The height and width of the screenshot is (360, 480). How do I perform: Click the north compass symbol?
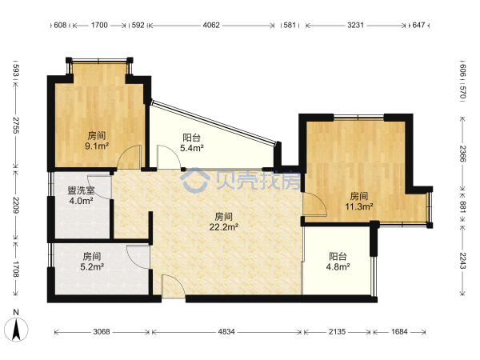[x=16, y=329]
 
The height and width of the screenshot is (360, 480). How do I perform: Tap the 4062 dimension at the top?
[x=211, y=25]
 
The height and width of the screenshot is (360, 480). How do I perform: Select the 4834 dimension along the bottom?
[x=226, y=331]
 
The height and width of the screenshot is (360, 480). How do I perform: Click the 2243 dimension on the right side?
[x=462, y=261]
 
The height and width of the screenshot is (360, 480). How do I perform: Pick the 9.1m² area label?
[x=97, y=146]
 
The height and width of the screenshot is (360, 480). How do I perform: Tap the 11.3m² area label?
[x=359, y=206]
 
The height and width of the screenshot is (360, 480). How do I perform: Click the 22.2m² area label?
[x=224, y=227]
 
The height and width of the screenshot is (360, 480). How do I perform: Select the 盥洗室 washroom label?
[x=81, y=190]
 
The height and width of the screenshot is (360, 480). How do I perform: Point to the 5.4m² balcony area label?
[x=192, y=149]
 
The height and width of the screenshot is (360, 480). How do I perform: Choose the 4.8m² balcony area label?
[x=338, y=267]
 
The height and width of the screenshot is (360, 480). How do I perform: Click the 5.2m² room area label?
[x=92, y=267]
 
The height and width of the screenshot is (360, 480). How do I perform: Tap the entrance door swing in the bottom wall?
[x=174, y=286]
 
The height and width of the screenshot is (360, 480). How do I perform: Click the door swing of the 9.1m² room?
[x=129, y=157]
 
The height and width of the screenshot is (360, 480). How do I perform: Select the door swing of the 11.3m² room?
[x=314, y=204]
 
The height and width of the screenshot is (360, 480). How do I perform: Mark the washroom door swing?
[x=99, y=187]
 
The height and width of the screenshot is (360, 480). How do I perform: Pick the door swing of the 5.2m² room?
[x=138, y=257]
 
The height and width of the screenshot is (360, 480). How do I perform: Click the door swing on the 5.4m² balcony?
[x=169, y=157]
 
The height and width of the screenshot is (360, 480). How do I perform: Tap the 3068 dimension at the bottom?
[x=102, y=331]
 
